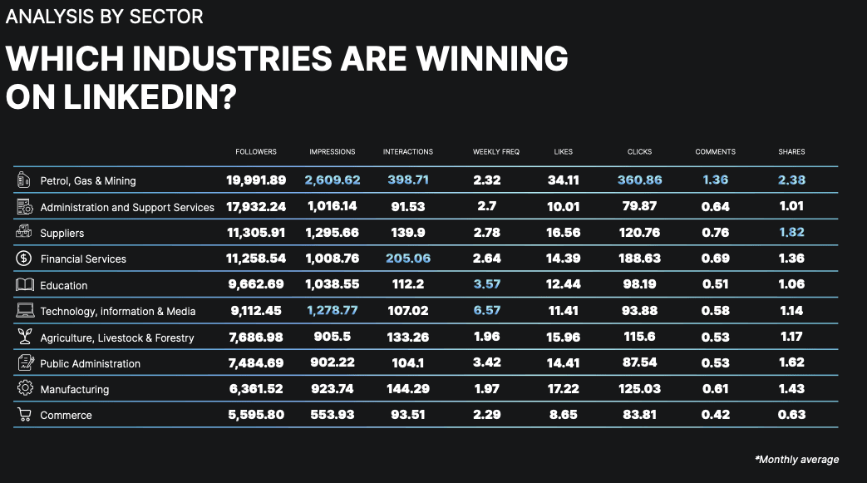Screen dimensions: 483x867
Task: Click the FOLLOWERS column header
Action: [x=255, y=152]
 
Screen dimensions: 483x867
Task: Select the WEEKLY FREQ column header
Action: [x=495, y=152]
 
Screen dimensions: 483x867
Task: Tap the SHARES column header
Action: [x=791, y=152]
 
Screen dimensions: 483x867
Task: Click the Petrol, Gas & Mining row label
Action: [x=87, y=180]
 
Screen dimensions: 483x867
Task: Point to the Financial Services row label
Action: [x=83, y=259]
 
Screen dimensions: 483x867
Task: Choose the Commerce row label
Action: [x=66, y=415]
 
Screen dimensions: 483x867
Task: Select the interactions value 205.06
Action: [x=408, y=259]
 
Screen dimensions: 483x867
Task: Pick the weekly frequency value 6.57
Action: [x=486, y=311]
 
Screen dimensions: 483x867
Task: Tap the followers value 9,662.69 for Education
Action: [x=255, y=284]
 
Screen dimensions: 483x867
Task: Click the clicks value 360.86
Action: [x=639, y=180]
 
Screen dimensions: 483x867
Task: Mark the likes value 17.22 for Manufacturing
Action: [x=563, y=389]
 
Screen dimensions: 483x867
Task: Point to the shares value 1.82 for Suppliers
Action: [x=791, y=233]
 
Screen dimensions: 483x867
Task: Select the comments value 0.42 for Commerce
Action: [x=715, y=415]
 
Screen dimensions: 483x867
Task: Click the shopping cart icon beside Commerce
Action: [x=24, y=415]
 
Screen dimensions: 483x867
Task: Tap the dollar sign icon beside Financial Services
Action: [x=24, y=259]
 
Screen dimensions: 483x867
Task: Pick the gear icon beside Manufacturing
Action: [x=24, y=388]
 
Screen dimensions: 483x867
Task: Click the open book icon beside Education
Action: [x=24, y=284]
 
